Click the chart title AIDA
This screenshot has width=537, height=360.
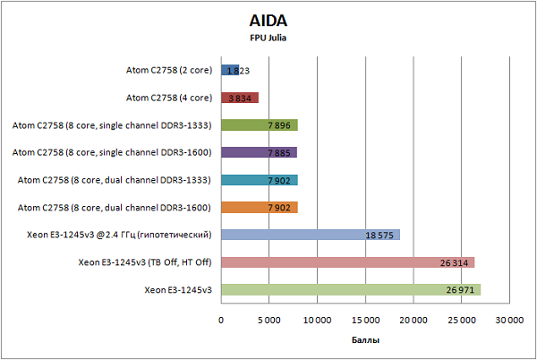tap(268, 21)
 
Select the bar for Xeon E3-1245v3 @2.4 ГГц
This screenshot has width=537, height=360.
tap(309, 235)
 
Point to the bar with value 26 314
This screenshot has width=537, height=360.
tap(346, 262)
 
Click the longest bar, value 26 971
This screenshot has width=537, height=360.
tap(350, 290)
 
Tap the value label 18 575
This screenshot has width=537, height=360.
tap(380, 236)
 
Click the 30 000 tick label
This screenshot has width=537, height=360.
tap(510, 318)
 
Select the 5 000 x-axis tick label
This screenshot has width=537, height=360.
tap(268, 318)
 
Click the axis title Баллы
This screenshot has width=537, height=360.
tap(364, 341)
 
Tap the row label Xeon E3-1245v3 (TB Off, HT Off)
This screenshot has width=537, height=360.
tap(145, 262)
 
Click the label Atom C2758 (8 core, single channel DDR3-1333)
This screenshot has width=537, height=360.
tap(112, 125)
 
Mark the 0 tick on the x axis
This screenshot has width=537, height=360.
tap(220, 318)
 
